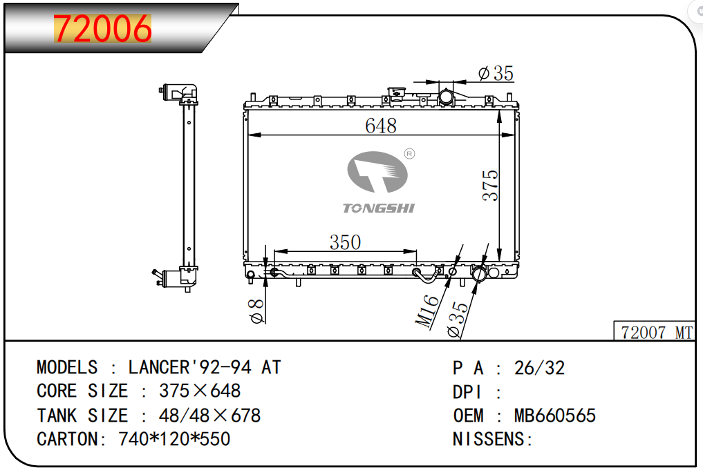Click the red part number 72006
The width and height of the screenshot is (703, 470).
click(x=103, y=28)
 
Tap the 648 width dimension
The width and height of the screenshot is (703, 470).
click(x=381, y=126)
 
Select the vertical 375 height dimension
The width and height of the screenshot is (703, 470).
click(x=490, y=185)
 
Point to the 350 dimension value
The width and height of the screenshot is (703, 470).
click(x=345, y=242)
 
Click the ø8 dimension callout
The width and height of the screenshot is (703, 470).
click(x=256, y=311)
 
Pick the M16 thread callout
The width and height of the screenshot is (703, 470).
click(x=427, y=311)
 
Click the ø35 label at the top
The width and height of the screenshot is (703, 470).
click(x=496, y=73)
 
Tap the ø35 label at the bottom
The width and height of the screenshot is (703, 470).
click(x=458, y=319)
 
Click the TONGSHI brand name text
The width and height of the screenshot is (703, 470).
click(x=379, y=208)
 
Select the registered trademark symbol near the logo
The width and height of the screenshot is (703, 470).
click(x=409, y=154)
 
